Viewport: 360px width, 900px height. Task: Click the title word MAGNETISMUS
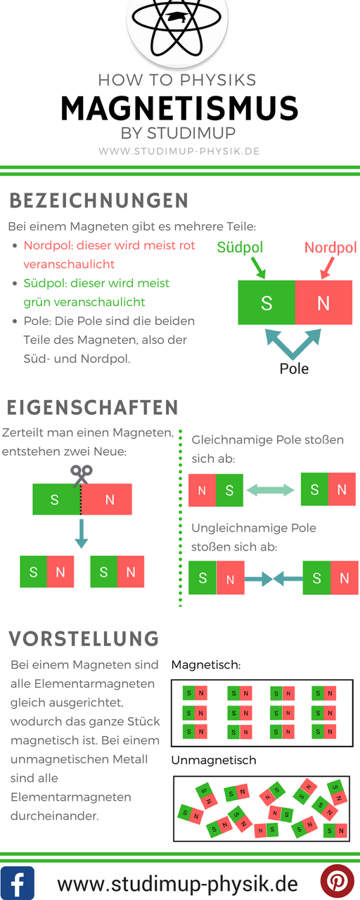point(179,108)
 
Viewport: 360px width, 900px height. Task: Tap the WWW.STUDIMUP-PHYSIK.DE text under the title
point(179,151)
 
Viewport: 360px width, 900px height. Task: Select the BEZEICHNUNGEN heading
point(99,200)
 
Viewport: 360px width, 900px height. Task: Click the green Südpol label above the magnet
point(240,247)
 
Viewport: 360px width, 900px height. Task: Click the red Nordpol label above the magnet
point(330,247)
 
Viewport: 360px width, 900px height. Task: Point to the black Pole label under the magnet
point(294,368)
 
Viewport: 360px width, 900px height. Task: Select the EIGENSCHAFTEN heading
point(92,407)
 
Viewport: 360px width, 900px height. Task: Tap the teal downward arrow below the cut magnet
point(81,534)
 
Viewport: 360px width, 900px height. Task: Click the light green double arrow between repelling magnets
point(271,490)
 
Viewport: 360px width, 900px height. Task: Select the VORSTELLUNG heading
point(84,638)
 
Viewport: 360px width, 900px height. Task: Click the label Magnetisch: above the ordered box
point(206,665)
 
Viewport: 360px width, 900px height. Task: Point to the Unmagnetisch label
point(214,760)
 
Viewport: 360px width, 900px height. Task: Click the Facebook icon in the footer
point(18,882)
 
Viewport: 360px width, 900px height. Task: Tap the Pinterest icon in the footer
point(337,882)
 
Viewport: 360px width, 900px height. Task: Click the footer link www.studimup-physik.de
point(178,883)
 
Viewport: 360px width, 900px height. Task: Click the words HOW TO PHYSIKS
point(177,80)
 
